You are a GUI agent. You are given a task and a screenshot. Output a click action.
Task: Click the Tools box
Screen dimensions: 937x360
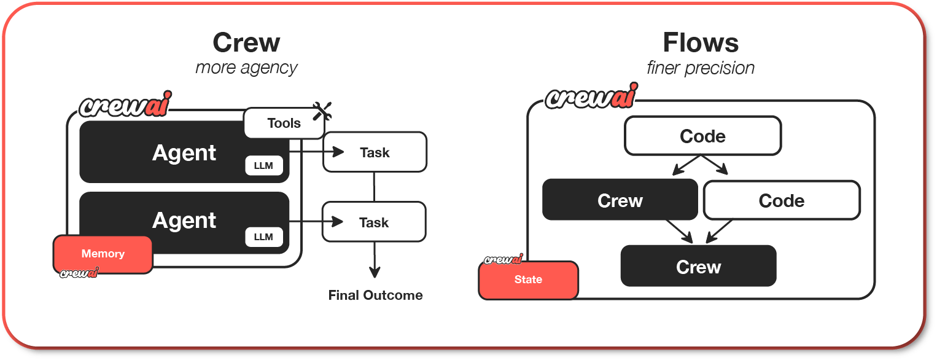coord(284,123)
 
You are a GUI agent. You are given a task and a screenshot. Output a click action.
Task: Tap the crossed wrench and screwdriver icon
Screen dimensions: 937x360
coord(322,111)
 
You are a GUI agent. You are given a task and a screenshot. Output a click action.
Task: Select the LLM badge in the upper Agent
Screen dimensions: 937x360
coord(263,165)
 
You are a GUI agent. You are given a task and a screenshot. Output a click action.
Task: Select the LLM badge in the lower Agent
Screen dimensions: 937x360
coord(263,237)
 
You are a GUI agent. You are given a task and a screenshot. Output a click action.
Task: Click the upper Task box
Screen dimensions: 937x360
coord(375,152)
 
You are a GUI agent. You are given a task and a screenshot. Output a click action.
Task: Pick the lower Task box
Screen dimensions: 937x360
coord(374,222)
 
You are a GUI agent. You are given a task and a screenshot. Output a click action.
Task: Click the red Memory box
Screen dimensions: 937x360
coord(103,254)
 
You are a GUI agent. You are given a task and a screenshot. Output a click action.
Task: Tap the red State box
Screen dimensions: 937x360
coord(528,280)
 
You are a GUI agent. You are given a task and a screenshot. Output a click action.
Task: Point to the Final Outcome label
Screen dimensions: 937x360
coord(375,295)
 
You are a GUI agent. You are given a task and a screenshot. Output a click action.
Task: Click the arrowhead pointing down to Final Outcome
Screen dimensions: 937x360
coord(375,272)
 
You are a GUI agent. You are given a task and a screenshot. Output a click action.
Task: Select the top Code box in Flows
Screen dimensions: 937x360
coord(702,136)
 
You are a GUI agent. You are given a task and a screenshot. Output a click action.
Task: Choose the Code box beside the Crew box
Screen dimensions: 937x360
coord(782,200)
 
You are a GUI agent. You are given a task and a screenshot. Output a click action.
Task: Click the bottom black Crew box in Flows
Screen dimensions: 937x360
coord(699,266)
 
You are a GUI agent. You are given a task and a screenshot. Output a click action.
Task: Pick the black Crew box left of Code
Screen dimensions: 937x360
coord(620,200)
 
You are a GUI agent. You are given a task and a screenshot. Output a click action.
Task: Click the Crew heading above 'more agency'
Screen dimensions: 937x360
coord(246,43)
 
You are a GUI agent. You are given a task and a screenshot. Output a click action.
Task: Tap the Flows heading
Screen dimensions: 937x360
coord(701,43)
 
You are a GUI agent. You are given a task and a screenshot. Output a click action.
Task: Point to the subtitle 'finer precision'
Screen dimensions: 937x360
coord(701,68)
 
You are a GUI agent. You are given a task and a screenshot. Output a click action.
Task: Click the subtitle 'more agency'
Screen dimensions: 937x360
coord(246,68)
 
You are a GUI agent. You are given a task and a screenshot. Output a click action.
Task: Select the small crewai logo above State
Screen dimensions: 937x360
coord(503,259)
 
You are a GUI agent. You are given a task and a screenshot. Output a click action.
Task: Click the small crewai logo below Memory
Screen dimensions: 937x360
coord(79,273)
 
